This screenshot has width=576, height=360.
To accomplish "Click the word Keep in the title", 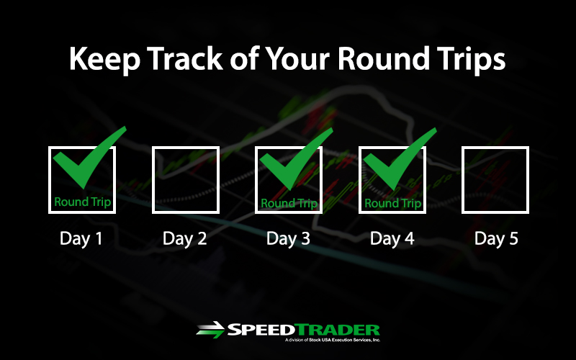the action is pyautogui.click(x=104, y=59).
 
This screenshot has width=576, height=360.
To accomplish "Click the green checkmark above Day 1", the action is pyautogui.click(x=89, y=158).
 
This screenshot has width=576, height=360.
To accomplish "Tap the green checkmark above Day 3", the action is pyautogui.click(x=296, y=158).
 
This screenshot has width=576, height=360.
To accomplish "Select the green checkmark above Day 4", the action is pyautogui.click(x=400, y=158).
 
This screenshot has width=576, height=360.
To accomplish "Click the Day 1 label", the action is pyautogui.click(x=81, y=239).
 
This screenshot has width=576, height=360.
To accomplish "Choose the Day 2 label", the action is pyautogui.click(x=185, y=239).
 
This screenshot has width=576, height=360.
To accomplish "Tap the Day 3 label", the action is pyautogui.click(x=289, y=239).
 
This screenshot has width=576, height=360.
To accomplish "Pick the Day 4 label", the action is pyautogui.click(x=392, y=239).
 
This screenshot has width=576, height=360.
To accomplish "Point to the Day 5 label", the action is pyautogui.click(x=496, y=239).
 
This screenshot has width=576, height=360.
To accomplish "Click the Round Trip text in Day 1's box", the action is pyautogui.click(x=82, y=202).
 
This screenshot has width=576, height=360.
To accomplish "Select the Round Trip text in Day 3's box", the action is pyautogui.click(x=289, y=204).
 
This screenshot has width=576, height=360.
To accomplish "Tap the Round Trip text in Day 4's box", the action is pyautogui.click(x=392, y=204).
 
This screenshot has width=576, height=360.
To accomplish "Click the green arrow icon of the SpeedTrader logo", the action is pyautogui.click(x=210, y=330).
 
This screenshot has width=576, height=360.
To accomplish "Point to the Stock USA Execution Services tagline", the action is pyautogui.click(x=333, y=340).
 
